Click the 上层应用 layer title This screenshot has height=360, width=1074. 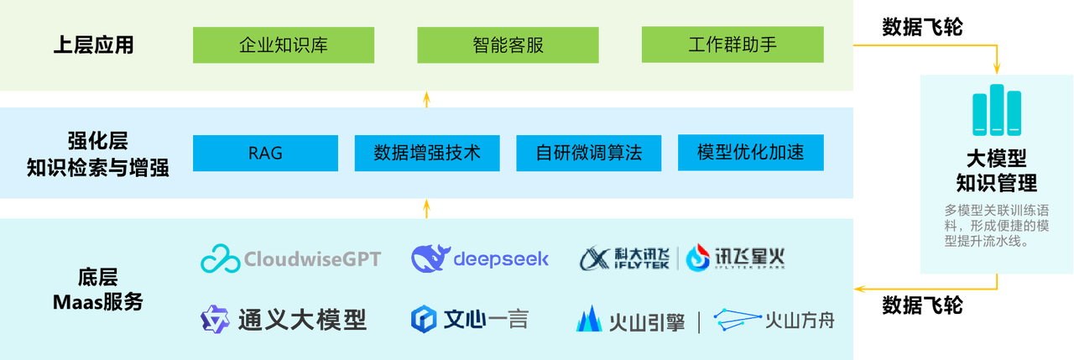click(93, 45)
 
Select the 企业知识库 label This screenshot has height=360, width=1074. click(284, 45)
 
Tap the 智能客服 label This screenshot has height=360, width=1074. click(508, 45)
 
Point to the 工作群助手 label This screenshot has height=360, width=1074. click(733, 44)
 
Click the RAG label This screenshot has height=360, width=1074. click(265, 153)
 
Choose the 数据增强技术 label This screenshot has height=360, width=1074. click(427, 153)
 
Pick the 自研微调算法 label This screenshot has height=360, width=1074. click(589, 153)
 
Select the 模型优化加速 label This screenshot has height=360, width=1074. click(751, 152)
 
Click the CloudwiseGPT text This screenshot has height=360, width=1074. click(312, 258)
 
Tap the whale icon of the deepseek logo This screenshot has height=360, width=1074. click(430, 258)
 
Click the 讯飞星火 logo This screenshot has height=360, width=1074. click(736, 258)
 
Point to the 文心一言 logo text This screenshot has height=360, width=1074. click(486, 320)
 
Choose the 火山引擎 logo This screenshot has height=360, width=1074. click(631, 321)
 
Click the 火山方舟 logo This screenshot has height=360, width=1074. click(774, 320)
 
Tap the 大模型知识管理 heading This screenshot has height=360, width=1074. click(996, 170)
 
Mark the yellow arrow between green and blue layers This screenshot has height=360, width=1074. click(426, 100)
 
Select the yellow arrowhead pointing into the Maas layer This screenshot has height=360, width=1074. click(860, 290)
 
